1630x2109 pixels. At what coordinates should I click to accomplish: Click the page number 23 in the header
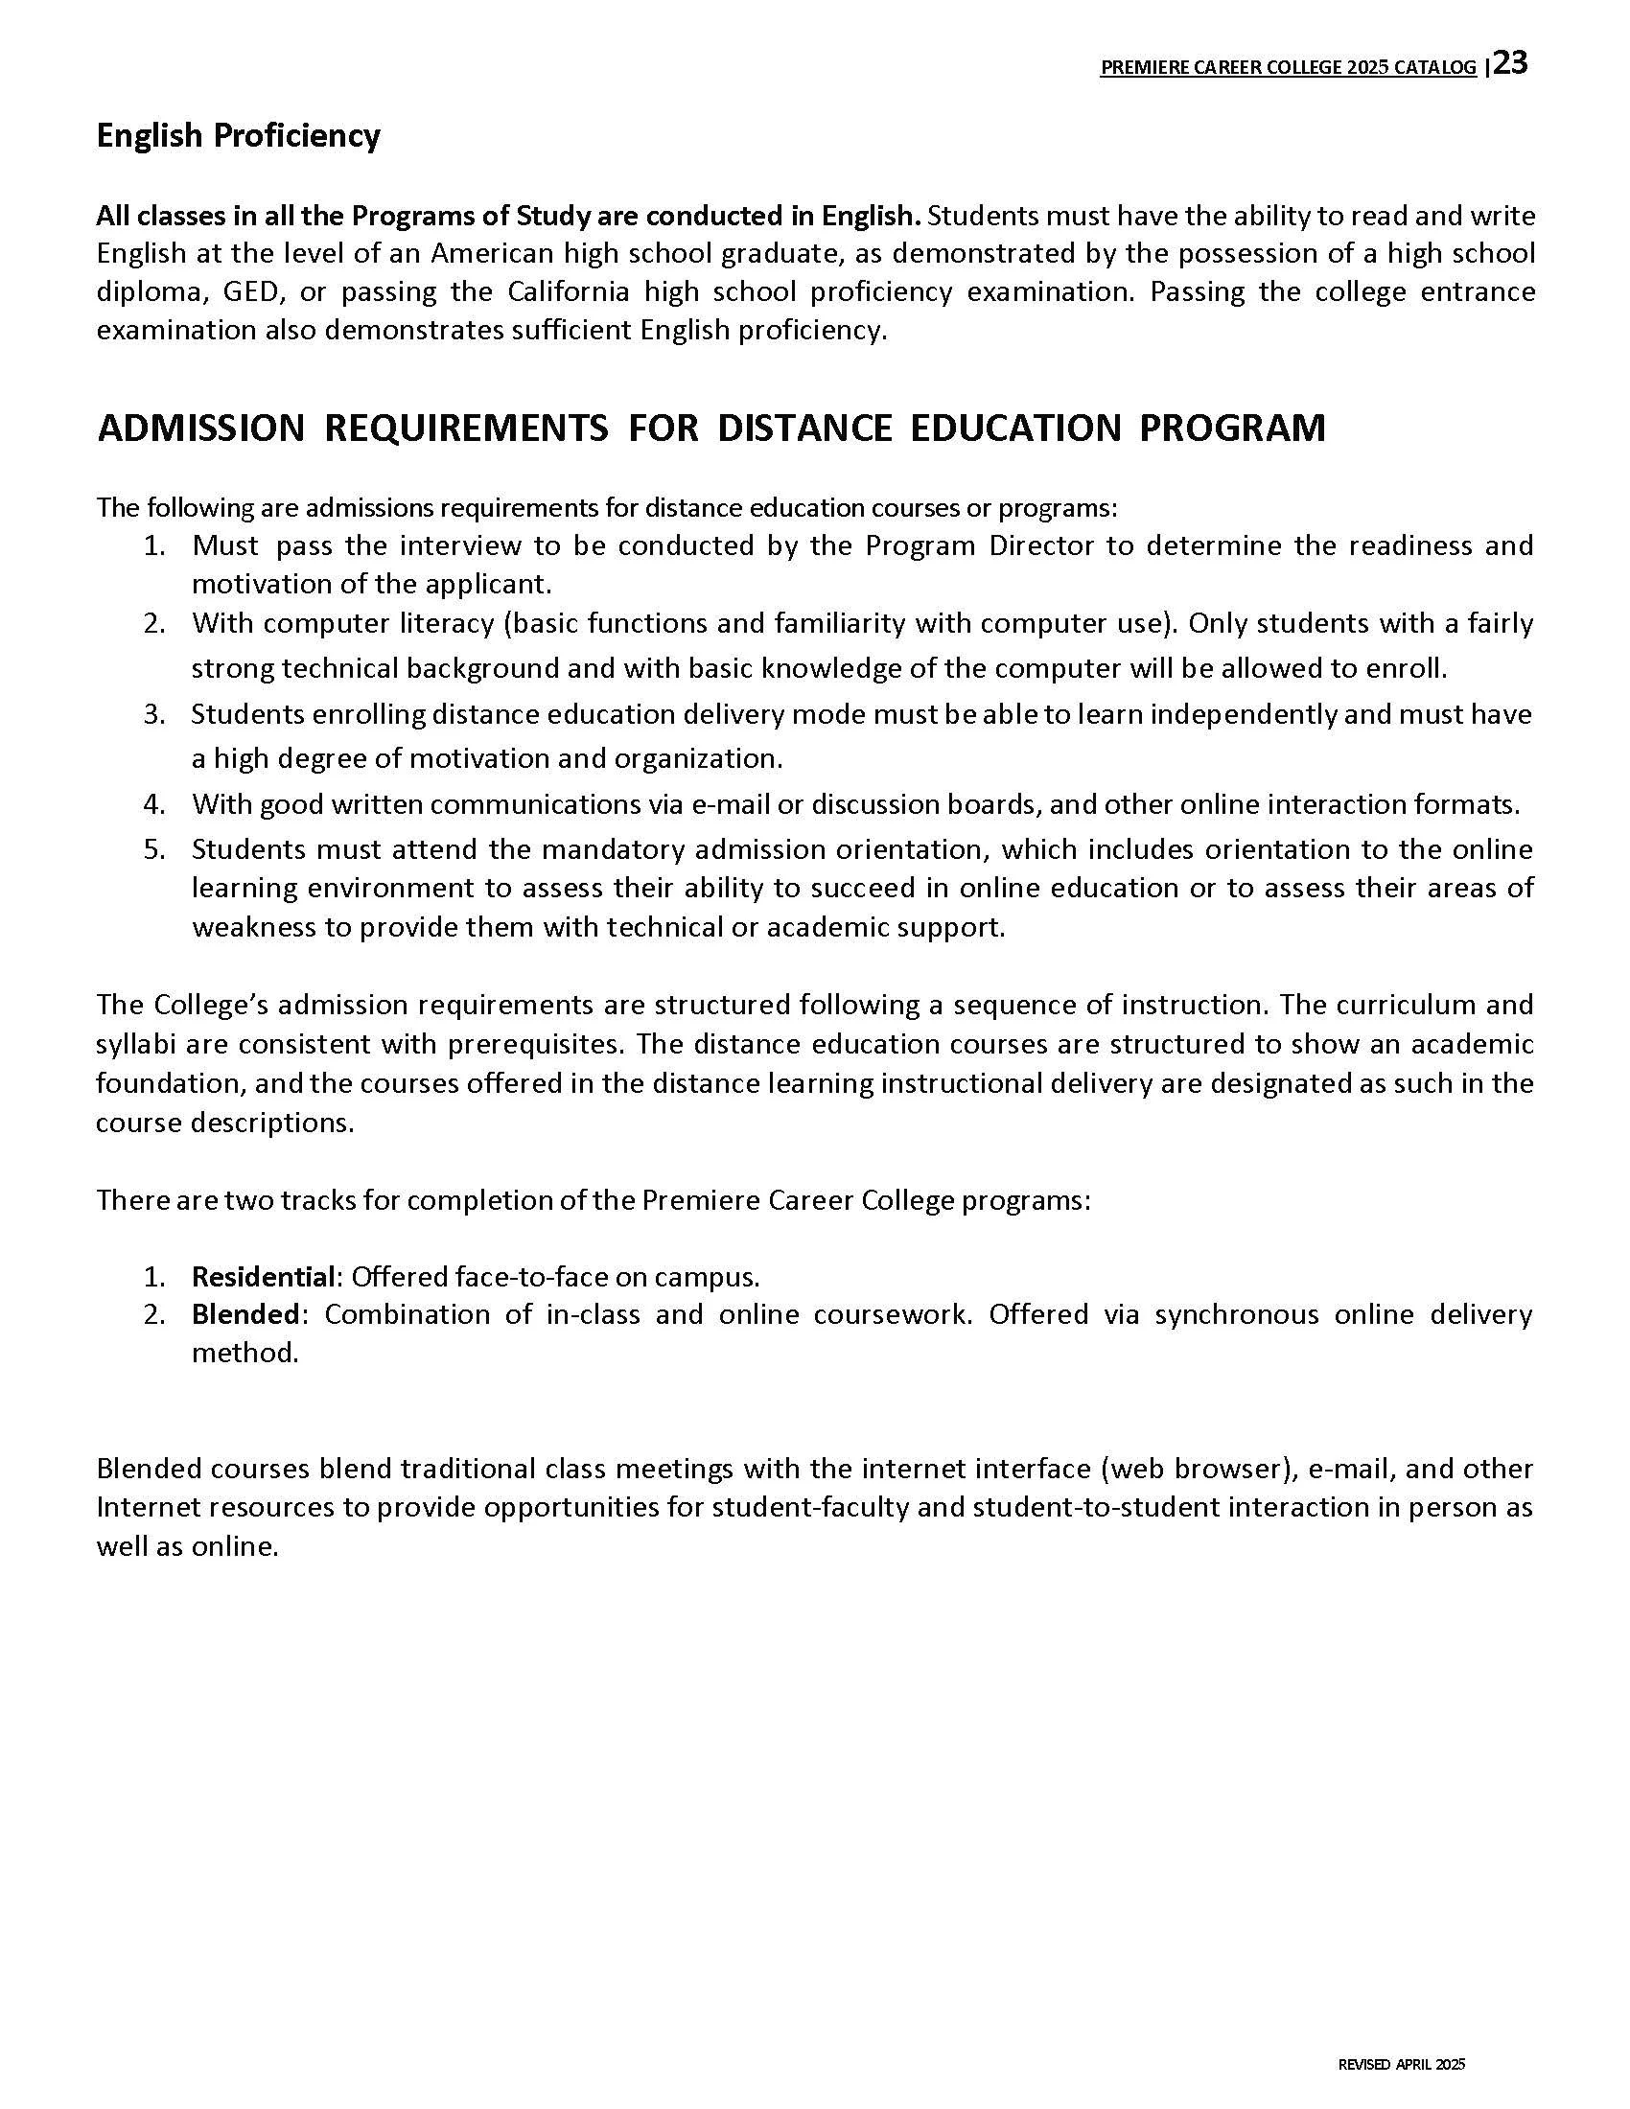click(x=1510, y=62)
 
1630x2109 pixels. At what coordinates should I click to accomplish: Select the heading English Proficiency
click(x=238, y=135)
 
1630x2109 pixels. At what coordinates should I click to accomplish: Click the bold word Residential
click(x=263, y=1277)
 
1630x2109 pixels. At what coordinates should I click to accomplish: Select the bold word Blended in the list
click(x=247, y=1314)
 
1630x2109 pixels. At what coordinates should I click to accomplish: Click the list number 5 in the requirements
click(x=154, y=849)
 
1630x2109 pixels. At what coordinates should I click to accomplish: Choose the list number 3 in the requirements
click(x=154, y=714)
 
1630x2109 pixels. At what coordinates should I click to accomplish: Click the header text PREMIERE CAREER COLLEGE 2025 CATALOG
click(x=1288, y=68)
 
